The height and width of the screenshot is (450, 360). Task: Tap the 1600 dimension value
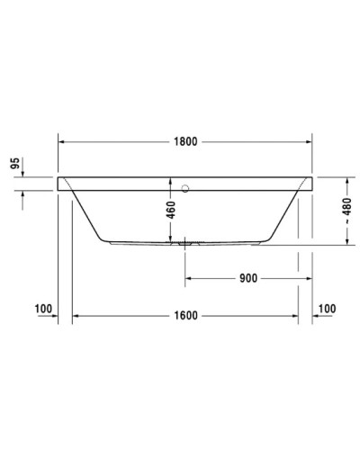click(x=185, y=316)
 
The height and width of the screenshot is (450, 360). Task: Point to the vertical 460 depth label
click(x=170, y=214)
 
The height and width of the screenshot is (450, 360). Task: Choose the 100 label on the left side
click(x=42, y=309)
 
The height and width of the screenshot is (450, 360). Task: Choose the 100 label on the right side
click(x=327, y=309)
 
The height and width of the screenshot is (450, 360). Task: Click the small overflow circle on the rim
click(x=187, y=189)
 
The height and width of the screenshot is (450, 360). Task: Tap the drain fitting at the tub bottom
click(x=185, y=242)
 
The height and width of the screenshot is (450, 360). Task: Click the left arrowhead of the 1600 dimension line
click(x=76, y=316)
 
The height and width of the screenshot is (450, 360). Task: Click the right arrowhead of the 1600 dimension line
click(x=295, y=316)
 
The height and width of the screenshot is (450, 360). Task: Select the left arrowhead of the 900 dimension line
click(x=189, y=278)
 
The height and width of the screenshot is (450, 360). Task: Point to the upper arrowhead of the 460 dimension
click(x=170, y=181)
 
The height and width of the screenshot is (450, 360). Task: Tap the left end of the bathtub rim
click(x=59, y=184)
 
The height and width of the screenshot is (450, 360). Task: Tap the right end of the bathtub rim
click(x=311, y=184)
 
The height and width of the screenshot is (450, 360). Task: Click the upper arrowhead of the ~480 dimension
click(x=345, y=180)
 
